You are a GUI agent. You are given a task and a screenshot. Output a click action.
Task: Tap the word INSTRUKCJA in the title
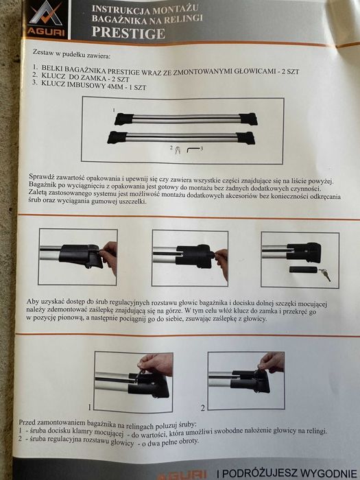click(115, 8)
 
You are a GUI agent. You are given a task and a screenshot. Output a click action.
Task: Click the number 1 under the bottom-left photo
click(89, 406)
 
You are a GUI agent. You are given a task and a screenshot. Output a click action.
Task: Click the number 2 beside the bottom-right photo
click(203, 407)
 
